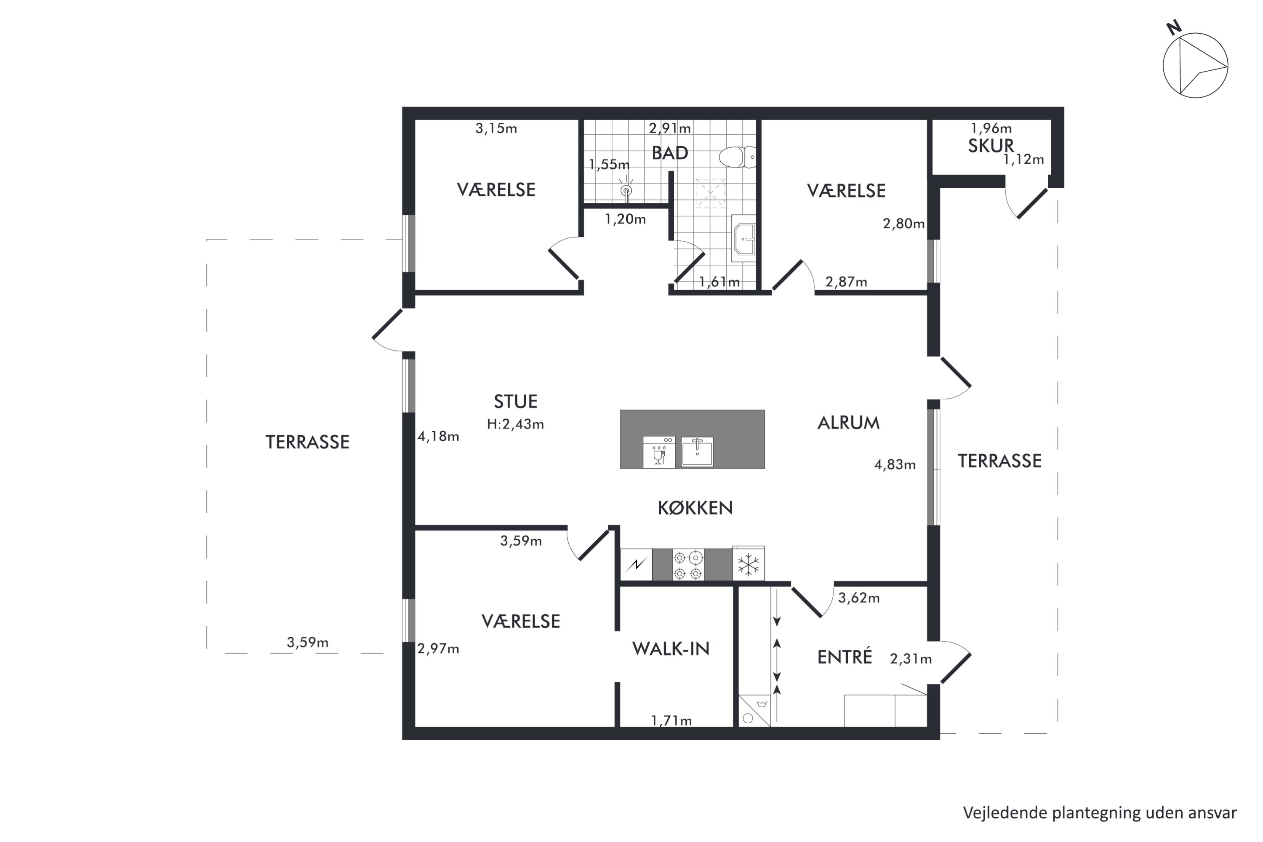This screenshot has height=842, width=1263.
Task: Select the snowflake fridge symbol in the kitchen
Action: [x=748, y=565]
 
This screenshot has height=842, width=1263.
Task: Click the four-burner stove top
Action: [x=688, y=565]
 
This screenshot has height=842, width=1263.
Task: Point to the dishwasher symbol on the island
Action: [x=659, y=452]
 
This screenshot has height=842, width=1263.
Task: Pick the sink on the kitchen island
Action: [x=697, y=452]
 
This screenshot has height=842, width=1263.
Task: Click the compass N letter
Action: [x=1174, y=27]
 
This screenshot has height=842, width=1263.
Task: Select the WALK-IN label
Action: [x=671, y=649]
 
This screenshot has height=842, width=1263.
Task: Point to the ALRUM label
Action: [x=848, y=423]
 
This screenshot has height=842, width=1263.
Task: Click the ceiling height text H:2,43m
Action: [x=515, y=424]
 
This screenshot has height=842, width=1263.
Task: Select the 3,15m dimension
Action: [x=496, y=128]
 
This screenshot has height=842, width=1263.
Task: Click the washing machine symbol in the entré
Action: [x=754, y=711]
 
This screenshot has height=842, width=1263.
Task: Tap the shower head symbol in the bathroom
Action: [x=626, y=189]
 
